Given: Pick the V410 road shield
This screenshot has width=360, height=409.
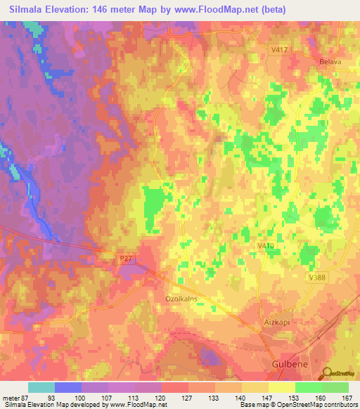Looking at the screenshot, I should click(266, 245).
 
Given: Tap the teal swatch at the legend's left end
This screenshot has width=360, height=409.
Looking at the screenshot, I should click(41, 387).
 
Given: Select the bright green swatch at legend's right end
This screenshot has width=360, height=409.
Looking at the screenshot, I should click(335, 387).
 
